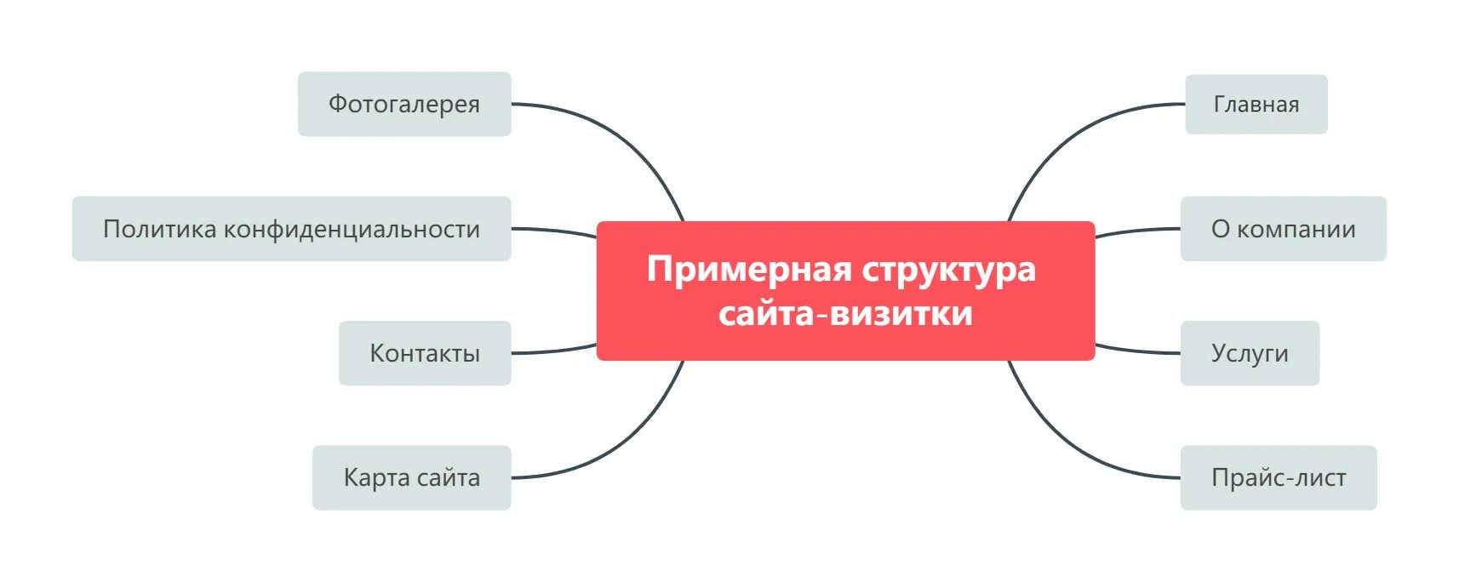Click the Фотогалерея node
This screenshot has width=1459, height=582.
pyautogui.click(x=404, y=104)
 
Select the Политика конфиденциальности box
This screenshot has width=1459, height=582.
pyautogui.click(x=291, y=229)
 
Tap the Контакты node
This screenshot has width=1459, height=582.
pyautogui.click(x=425, y=353)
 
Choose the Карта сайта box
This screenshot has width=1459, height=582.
pyautogui.click(x=411, y=477)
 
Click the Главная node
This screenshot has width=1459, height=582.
pyautogui.click(x=1256, y=104)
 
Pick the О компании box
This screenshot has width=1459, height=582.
pyautogui.click(x=1283, y=229)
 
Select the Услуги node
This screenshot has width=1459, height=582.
pyautogui.click(x=1250, y=353)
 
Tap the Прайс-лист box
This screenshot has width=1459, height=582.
pyautogui.click(x=1278, y=477)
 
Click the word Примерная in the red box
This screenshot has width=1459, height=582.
pyautogui.click(x=749, y=269)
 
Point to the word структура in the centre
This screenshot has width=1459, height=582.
pyautogui.click(x=949, y=269)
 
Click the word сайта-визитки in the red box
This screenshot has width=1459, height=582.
pyautogui.click(x=845, y=313)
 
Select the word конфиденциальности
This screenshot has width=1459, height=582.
pyautogui.click(x=352, y=229)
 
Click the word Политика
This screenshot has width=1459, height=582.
pyautogui.click(x=160, y=229)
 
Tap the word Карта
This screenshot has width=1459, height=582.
pyautogui.click(x=376, y=477)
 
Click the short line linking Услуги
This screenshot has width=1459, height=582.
pyautogui.click(x=1137, y=351)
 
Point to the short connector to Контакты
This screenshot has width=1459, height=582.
pyautogui.click(x=553, y=351)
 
